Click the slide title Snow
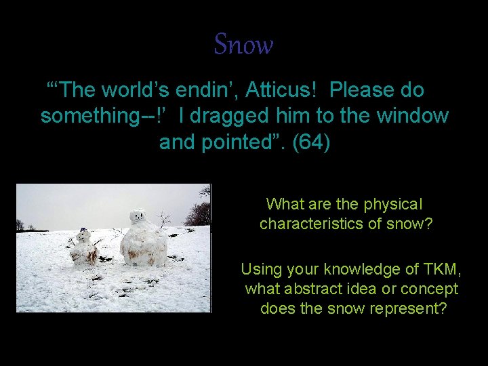(243, 45)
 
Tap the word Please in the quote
(366, 90)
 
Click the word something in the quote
(91, 117)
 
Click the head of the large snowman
(138, 218)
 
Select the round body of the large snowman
(144, 246)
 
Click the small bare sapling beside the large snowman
(163, 220)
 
